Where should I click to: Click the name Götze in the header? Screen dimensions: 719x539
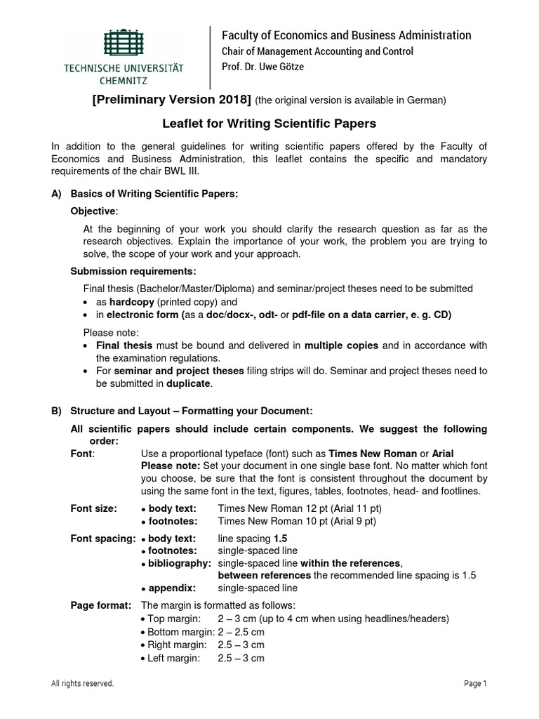(x=289, y=67)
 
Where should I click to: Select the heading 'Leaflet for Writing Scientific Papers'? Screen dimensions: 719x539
(x=269, y=124)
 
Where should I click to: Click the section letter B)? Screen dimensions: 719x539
(x=56, y=411)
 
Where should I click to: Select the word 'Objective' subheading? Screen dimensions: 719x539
(x=94, y=211)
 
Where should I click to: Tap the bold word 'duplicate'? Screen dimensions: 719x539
(x=188, y=383)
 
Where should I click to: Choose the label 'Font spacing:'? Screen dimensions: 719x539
(x=103, y=539)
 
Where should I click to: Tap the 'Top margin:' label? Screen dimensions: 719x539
(x=173, y=619)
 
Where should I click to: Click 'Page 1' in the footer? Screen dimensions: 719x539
(x=475, y=684)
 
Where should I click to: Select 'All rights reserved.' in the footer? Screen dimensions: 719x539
(x=83, y=684)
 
